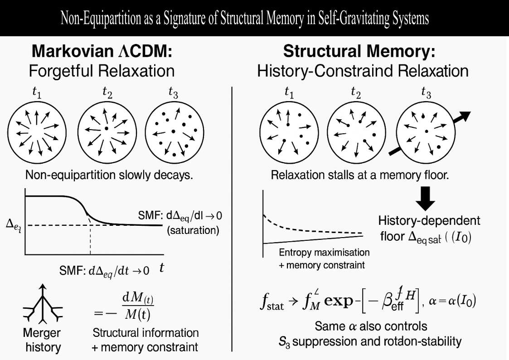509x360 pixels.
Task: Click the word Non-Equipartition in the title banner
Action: [x=104, y=19]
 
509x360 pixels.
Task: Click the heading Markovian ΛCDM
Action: [x=102, y=51]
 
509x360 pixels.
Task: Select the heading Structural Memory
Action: [x=359, y=51]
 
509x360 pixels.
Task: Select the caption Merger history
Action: [x=42, y=341]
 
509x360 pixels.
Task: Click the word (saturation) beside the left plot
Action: [x=193, y=230]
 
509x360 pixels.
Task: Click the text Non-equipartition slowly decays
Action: [x=109, y=175]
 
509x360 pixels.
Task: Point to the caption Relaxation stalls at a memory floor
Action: [x=359, y=175]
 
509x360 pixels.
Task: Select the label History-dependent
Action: [x=429, y=221]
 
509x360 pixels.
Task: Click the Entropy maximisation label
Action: [x=324, y=252]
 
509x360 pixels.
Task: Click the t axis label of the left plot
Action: [x=161, y=268]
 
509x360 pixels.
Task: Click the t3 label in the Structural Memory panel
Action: [x=426, y=93]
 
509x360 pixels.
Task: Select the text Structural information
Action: [x=145, y=332]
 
